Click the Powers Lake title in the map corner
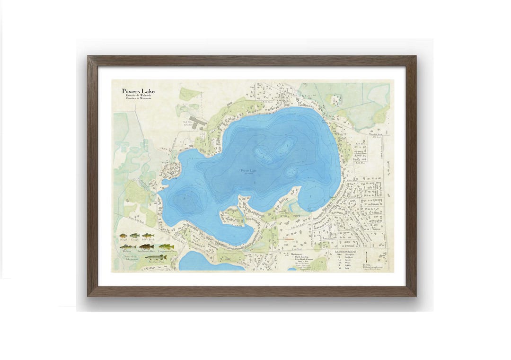point(138,91)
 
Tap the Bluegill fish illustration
point(123,236)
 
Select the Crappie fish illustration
point(135,236)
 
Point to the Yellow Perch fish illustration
point(148,236)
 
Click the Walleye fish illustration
point(127,247)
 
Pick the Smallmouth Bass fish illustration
point(146,247)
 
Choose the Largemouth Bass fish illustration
point(166,247)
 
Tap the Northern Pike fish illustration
point(156,257)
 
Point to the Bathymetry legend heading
point(300,254)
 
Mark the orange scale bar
point(287,239)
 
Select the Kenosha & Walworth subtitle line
point(138,97)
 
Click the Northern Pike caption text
point(156,262)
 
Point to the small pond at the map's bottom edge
point(203,262)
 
